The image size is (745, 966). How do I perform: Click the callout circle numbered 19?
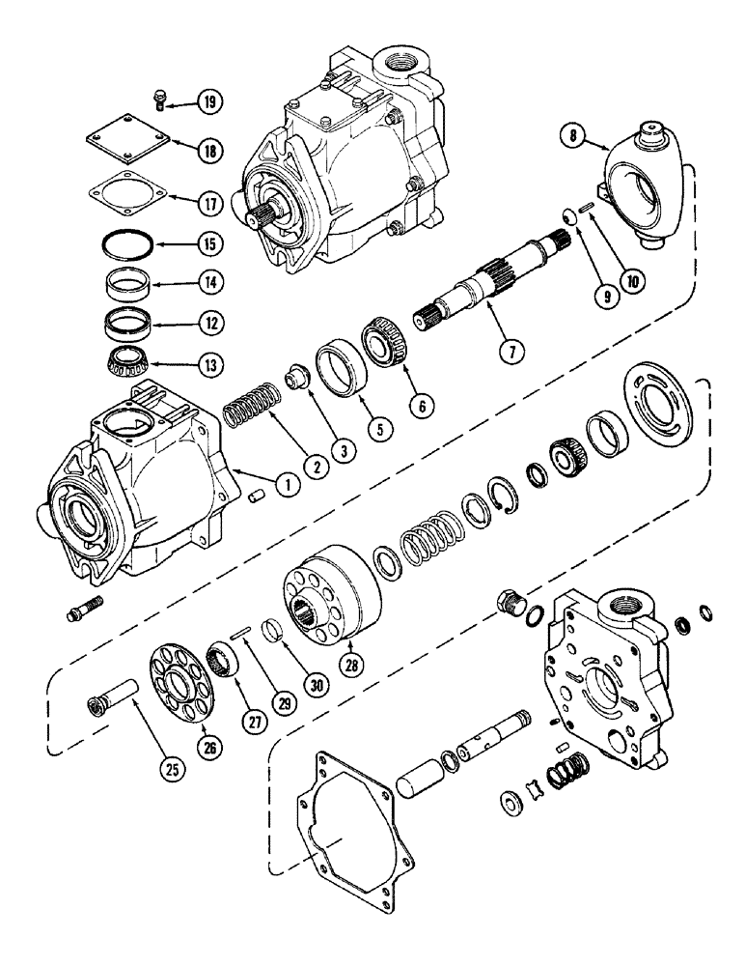207,100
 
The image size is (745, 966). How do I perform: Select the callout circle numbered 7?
511,351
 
